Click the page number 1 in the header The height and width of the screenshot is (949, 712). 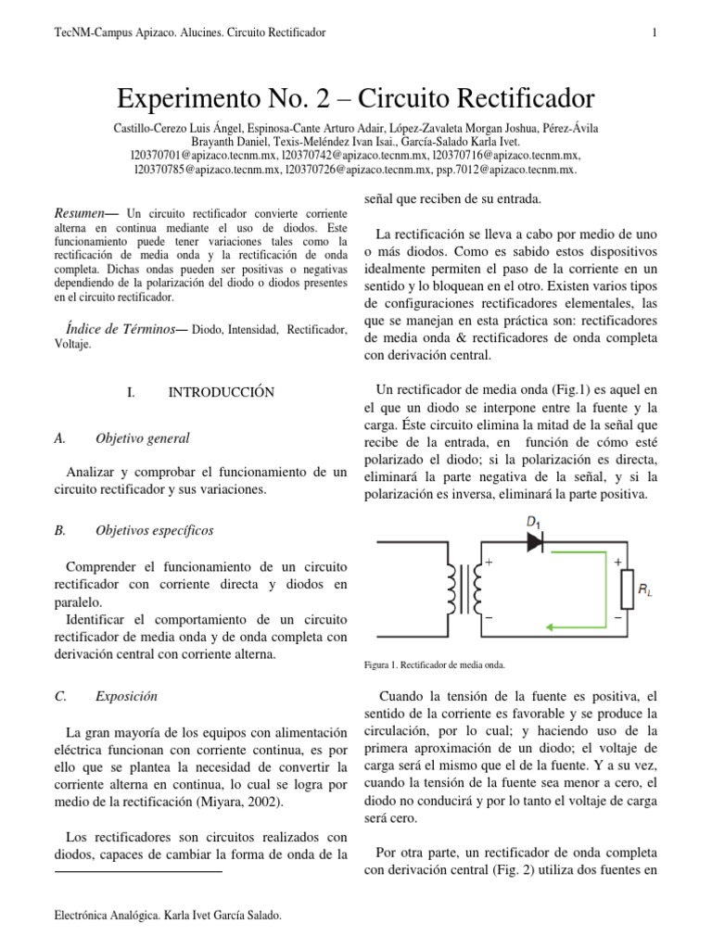[655, 33]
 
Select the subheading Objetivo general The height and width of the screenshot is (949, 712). [143, 437]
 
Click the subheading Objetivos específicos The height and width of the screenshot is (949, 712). [154, 530]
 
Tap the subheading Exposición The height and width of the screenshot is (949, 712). [126, 695]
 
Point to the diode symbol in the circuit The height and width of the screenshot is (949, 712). [535, 544]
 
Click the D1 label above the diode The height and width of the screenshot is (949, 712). [534, 523]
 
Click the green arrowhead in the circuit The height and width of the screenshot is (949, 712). [550, 626]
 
